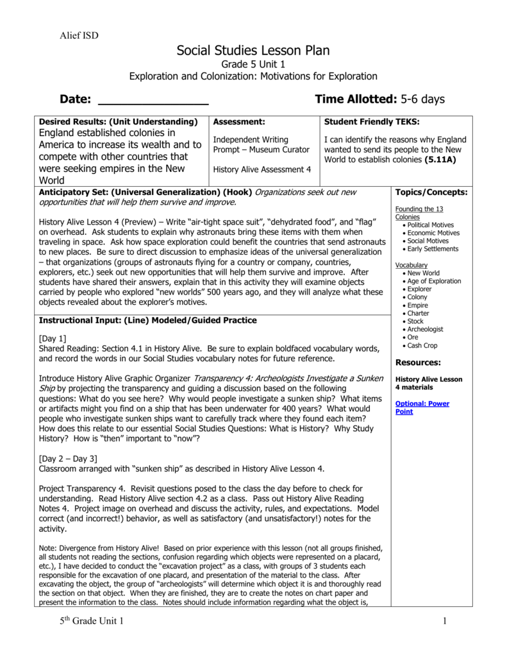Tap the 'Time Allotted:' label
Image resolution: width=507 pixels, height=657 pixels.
coord(356,99)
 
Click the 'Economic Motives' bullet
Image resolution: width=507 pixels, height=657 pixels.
coord(433,233)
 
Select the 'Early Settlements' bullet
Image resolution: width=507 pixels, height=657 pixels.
coord(433,249)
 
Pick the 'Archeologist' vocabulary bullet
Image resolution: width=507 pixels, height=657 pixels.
coord(425,329)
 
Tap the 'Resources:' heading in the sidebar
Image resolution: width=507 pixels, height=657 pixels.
coord(418,363)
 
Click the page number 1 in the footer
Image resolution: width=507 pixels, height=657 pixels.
coord(444,621)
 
